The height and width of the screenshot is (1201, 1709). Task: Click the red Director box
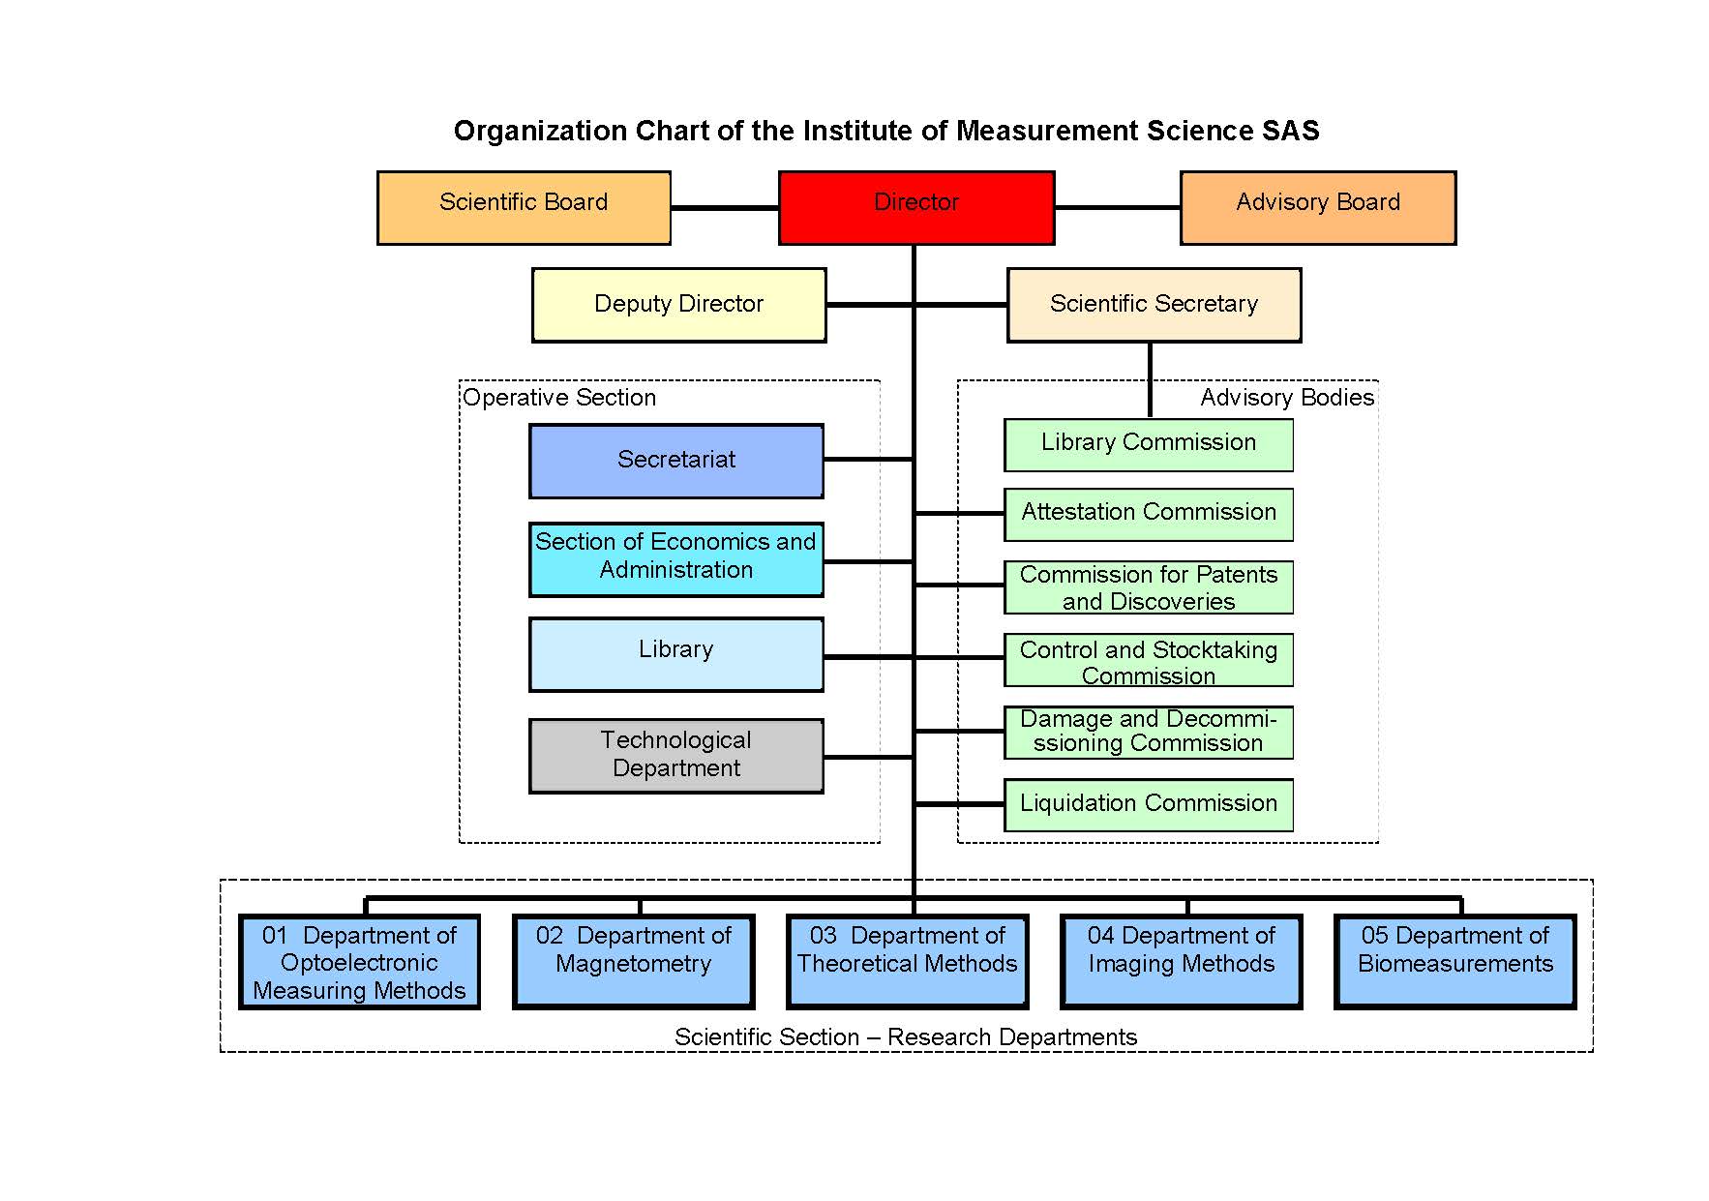coord(915,207)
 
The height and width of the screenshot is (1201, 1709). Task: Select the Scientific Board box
coord(524,207)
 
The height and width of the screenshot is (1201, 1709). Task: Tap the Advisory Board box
coord(1317,207)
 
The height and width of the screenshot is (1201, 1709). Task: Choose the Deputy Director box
coord(678,305)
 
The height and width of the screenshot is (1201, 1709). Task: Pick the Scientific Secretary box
coord(1154,305)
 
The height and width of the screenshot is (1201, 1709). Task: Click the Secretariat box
coord(675,461)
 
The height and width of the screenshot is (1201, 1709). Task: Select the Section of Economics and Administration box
coord(675,558)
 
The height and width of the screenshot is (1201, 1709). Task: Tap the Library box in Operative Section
coord(675,654)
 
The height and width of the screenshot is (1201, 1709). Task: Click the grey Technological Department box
coord(675,755)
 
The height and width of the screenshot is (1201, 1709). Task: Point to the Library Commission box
coord(1148,444)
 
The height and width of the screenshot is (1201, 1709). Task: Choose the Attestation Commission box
coord(1148,514)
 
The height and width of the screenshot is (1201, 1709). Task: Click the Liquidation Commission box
coord(1148,804)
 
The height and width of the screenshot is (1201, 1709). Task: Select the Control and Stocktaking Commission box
coord(1148,660)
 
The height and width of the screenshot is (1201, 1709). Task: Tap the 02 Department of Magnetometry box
coord(633,961)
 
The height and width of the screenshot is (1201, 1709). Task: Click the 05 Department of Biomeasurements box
coord(1454,961)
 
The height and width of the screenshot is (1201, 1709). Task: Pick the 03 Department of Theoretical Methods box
coord(907,961)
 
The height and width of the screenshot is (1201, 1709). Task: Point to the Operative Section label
coord(559,398)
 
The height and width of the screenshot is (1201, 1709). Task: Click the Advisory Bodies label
coord(1286,398)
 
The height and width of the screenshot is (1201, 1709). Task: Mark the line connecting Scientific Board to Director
coord(724,207)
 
